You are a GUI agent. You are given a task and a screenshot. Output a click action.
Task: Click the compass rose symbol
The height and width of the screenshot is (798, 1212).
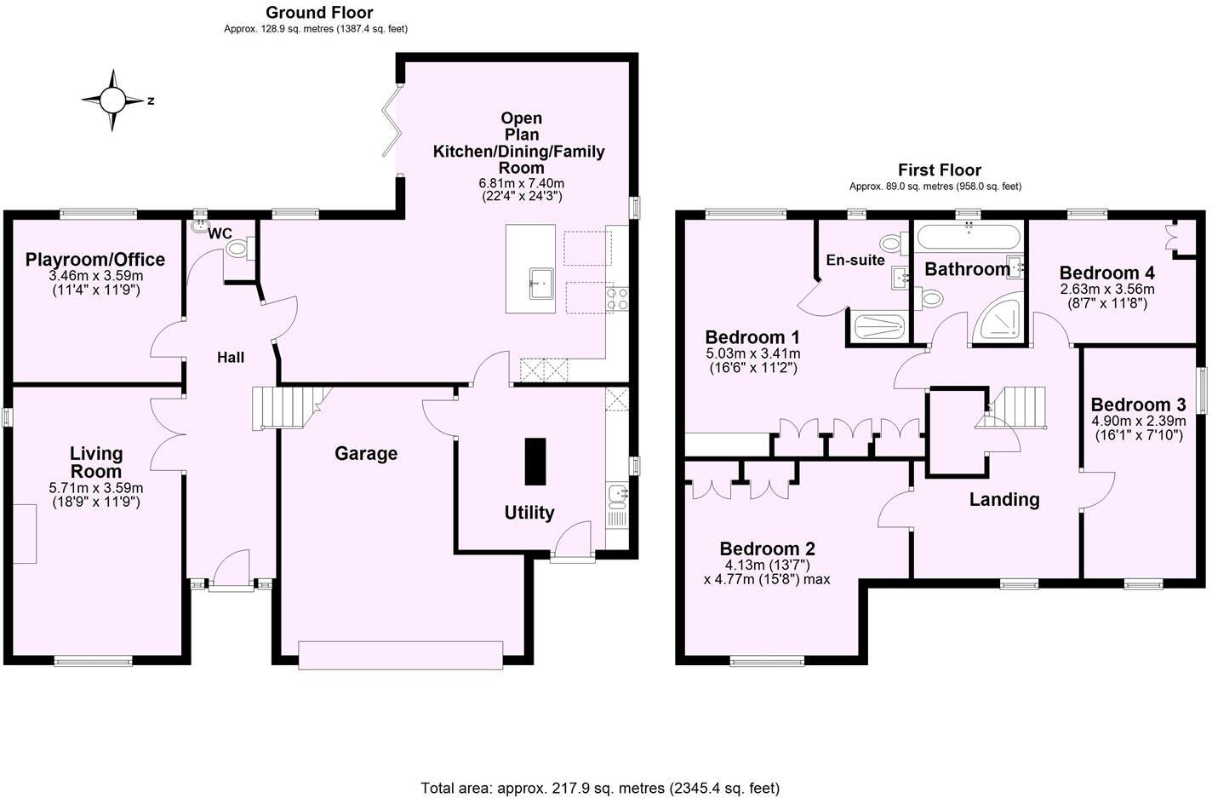click(x=112, y=100)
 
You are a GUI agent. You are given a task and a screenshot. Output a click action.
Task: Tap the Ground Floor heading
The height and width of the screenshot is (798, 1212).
click(x=319, y=13)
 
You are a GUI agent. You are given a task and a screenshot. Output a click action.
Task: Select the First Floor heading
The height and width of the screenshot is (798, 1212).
click(x=939, y=170)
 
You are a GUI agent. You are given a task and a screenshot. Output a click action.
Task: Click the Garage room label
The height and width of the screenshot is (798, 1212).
click(x=366, y=454)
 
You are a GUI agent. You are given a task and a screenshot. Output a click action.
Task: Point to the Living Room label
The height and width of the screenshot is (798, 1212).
click(x=96, y=462)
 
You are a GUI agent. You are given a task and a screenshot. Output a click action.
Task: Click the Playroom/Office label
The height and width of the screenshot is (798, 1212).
click(x=95, y=260)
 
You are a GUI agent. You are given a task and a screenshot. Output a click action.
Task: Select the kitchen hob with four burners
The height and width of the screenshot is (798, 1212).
click(x=617, y=298)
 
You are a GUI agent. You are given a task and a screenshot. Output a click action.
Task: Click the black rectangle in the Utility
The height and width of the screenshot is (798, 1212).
click(x=535, y=461)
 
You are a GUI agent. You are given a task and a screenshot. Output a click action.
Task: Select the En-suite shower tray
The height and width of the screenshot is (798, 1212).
click(x=878, y=327)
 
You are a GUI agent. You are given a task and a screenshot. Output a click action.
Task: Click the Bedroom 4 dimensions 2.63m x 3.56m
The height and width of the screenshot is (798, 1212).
click(x=1106, y=290)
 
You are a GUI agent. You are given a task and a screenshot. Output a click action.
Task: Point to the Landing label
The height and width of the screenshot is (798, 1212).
click(x=1004, y=500)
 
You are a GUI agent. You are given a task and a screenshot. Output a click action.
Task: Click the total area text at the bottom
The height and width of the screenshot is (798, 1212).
click(x=600, y=788)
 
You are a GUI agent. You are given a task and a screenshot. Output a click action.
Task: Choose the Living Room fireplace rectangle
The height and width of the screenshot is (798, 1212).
click(x=25, y=533)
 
